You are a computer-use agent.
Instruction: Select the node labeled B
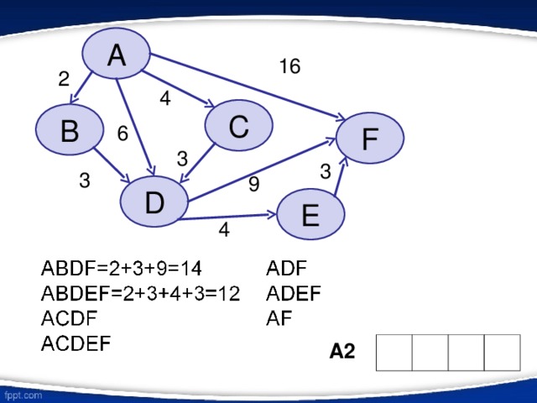70,131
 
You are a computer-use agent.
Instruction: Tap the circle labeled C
238,127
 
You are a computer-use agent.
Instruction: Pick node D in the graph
154,203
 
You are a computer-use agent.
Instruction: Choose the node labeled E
310,216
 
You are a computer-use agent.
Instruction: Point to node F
369,138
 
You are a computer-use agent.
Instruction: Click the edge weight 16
289,66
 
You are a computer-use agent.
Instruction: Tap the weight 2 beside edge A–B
64,79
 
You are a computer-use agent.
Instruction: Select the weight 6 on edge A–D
123,134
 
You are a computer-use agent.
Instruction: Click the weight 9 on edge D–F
253,184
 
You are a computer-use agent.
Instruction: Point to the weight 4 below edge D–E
223,229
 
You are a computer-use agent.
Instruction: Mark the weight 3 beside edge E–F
326,171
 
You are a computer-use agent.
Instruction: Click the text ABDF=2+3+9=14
122,269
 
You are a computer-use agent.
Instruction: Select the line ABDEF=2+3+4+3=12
141,293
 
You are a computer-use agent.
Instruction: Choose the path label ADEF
293,293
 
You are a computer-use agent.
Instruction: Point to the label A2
342,353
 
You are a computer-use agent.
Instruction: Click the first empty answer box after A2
394,353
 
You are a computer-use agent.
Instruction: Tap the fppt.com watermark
23,392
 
